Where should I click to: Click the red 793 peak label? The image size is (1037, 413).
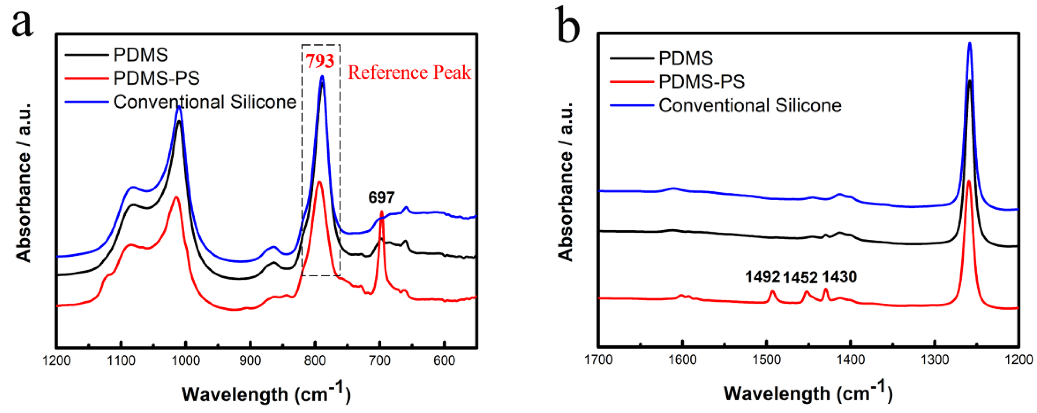coord(319,61)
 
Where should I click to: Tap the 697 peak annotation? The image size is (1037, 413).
coord(381,198)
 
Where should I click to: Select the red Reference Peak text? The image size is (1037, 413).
coord(409,73)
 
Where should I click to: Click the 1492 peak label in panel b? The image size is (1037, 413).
coord(762,277)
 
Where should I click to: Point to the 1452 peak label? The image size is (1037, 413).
coord(800,277)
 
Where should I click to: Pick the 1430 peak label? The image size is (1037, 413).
coord(839,277)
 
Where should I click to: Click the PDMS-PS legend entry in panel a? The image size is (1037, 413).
coord(156,78)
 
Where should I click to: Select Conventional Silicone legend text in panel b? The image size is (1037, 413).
coord(750,105)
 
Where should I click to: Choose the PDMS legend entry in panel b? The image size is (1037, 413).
coord(685,59)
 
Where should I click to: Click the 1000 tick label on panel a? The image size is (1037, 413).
coord(186,360)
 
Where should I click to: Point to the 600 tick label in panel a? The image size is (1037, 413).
coord(444,360)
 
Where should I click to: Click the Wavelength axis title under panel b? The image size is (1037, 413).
coord(808,393)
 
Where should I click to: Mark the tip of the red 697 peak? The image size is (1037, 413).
coord(381,212)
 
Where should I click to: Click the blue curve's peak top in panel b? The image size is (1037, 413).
coord(969,43)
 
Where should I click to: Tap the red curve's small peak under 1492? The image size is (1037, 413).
coord(772,291)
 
